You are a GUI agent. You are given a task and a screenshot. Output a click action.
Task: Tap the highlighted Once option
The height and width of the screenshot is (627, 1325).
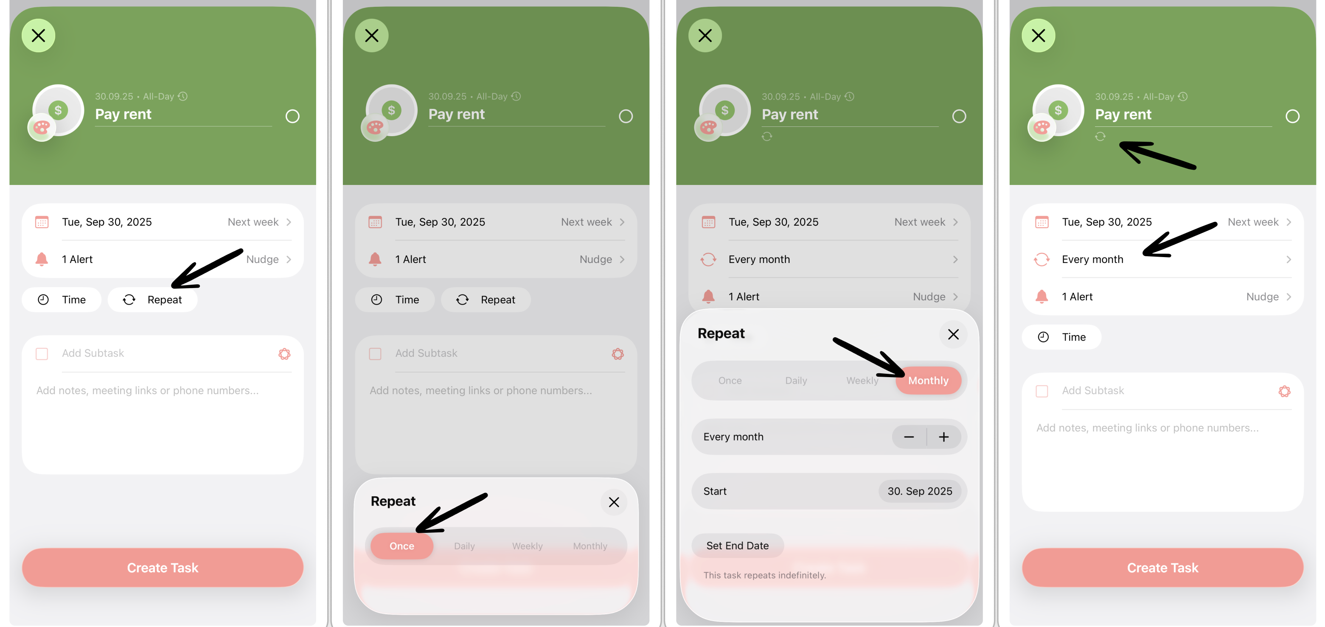(402, 546)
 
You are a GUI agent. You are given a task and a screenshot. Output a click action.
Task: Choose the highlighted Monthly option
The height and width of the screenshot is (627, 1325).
(928, 380)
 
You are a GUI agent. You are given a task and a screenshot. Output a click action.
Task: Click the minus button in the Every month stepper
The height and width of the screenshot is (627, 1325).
(909, 437)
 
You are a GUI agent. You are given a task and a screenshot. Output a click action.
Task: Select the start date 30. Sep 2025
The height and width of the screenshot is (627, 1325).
(920, 491)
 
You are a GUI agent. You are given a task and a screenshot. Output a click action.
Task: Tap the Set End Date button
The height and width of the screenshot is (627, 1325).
(738, 546)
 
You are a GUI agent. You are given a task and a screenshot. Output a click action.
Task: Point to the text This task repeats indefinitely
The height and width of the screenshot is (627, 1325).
(764, 575)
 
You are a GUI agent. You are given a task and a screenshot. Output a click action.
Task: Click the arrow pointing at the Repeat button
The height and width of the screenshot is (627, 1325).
(207, 268)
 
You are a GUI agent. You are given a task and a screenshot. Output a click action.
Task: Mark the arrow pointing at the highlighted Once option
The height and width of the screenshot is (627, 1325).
(451, 513)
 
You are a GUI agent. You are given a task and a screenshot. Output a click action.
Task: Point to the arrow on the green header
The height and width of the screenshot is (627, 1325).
(1158, 155)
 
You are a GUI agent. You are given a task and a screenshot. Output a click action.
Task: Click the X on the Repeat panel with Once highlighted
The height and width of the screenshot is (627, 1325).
(614, 502)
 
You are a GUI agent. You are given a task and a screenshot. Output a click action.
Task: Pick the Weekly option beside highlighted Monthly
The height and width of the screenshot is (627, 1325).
(862, 380)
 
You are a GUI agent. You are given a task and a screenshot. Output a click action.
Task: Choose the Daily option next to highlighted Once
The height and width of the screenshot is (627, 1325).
(464, 546)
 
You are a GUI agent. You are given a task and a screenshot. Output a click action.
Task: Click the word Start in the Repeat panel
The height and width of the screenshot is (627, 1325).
(715, 491)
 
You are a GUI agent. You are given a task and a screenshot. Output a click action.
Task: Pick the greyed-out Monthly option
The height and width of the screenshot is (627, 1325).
(590, 546)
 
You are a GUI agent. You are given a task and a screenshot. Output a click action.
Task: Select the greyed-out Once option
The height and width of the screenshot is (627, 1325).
(730, 380)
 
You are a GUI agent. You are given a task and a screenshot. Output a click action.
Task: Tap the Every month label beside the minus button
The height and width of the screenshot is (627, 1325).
(733, 437)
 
